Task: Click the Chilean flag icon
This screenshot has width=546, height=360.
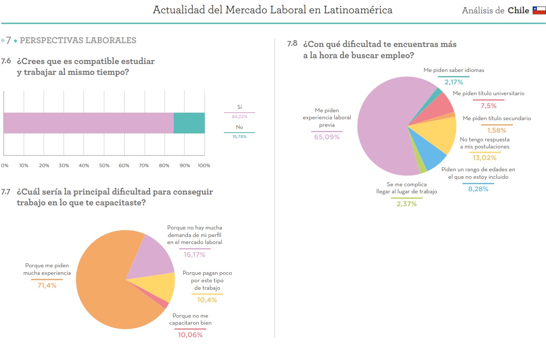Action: click(x=539, y=10)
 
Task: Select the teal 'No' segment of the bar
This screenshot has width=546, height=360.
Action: click(x=189, y=123)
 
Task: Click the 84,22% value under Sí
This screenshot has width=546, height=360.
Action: click(x=239, y=117)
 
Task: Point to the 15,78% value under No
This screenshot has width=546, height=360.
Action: click(x=239, y=137)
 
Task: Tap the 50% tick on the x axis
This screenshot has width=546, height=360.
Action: click(x=104, y=165)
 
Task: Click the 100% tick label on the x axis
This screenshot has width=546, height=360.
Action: click(x=204, y=165)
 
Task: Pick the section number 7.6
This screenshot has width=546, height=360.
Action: click(x=6, y=62)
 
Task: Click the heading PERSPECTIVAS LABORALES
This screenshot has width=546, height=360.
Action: click(x=78, y=40)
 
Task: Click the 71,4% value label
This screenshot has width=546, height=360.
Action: click(x=47, y=285)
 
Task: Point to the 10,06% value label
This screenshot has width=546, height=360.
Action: click(x=190, y=335)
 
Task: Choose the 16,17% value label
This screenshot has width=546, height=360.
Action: click(x=194, y=255)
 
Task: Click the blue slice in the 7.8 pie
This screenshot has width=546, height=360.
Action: click(x=430, y=156)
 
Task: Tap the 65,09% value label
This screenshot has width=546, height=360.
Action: click(x=327, y=137)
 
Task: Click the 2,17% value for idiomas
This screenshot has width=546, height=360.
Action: click(x=453, y=82)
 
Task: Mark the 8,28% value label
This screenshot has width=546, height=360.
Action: click(x=478, y=189)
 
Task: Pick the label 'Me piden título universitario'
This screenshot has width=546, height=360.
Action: click(x=488, y=94)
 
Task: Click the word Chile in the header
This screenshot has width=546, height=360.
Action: click(x=518, y=10)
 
